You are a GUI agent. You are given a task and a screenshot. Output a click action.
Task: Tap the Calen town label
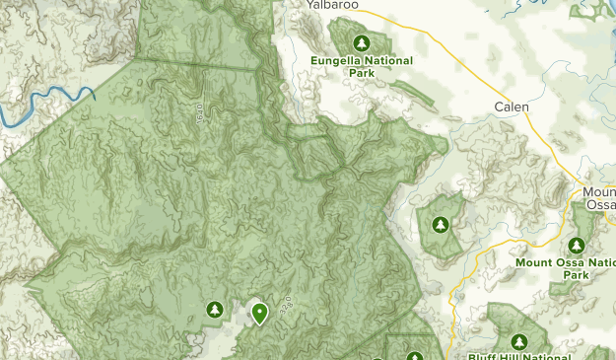click(512, 107)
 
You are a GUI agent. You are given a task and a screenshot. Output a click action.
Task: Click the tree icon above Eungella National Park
click(361, 42)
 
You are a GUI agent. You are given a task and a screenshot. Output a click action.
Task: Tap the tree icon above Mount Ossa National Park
click(578, 245)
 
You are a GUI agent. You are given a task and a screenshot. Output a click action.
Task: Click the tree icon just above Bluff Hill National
click(415, 356)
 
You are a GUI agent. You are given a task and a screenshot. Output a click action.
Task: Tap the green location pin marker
click(259, 313)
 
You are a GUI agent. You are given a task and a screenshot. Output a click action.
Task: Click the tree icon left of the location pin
click(213, 311)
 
